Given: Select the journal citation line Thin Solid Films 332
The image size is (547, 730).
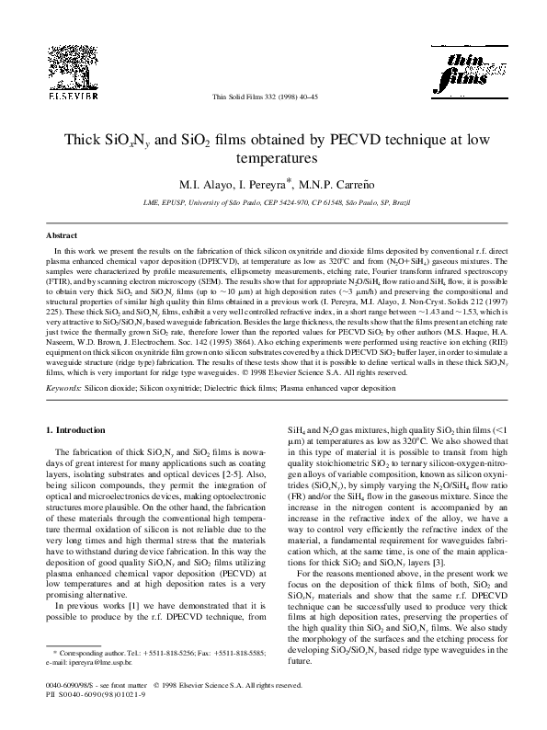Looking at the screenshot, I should (x=273, y=95).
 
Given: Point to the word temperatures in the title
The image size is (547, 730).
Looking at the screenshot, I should (x=273, y=158).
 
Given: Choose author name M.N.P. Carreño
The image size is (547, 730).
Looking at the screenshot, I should (x=325, y=180).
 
